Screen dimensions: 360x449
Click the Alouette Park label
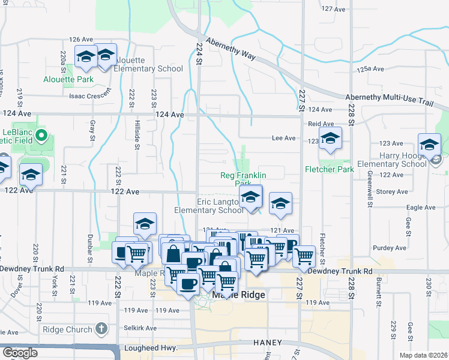(68, 79)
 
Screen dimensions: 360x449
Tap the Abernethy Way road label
(231, 49)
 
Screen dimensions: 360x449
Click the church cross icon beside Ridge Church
(101, 329)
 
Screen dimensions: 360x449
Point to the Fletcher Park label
(330, 169)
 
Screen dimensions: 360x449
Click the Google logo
(20, 352)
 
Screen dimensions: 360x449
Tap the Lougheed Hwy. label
(148, 348)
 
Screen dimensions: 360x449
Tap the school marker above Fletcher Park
(330, 139)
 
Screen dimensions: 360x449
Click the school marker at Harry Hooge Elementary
(429, 145)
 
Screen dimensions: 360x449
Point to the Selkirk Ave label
(140, 328)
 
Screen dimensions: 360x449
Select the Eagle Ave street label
(421, 208)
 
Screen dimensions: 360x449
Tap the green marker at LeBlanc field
(41, 135)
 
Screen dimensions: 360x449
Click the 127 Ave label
(334, 9)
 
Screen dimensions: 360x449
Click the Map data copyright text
(424, 355)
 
